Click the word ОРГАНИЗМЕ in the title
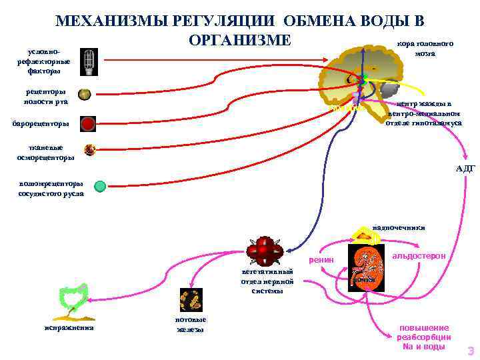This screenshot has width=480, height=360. [x=240, y=40]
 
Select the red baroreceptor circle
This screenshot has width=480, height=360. [x=88, y=123]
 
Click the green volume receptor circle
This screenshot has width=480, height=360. [x=100, y=186]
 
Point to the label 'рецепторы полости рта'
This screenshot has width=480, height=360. [x=46, y=95]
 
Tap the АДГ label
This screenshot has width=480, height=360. [x=465, y=168]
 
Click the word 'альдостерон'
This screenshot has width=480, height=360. [x=419, y=255]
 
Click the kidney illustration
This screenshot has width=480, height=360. [x=367, y=267]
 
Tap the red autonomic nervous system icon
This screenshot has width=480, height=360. [x=265, y=252]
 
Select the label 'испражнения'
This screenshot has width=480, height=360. [x=69, y=327]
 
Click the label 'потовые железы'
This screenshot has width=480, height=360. [x=191, y=324]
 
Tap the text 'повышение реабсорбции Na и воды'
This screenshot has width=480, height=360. [x=424, y=337]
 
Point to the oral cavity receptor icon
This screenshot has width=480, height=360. [x=84, y=95]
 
